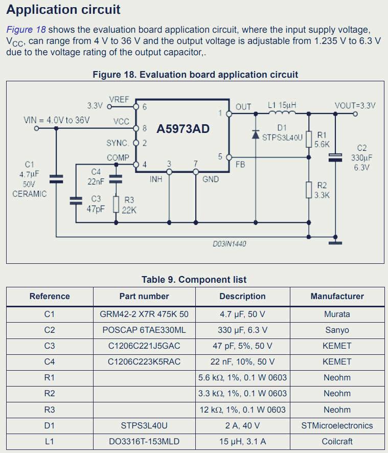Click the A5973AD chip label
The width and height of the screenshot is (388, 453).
(x=182, y=129)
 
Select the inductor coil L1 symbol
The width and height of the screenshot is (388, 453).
(x=282, y=114)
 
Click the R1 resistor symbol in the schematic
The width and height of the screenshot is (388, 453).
(x=309, y=139)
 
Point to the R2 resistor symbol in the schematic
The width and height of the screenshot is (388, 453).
(x=309, y=189)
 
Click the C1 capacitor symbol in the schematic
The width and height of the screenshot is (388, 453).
(x=56, y=179)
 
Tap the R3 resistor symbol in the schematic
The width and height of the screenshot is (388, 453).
(x=116, y=204)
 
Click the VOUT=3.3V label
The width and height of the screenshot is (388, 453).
(x=355, y=106)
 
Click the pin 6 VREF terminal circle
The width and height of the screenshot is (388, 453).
(x=136, y=107)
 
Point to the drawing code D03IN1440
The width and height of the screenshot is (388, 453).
(x=230, y=244)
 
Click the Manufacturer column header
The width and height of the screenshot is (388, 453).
(x=337, y=297)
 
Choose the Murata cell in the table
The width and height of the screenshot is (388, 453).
(x=337, y=314)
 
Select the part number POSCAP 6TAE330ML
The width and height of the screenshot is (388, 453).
(x=144, y=330)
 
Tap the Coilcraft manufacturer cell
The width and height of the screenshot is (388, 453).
(x=337, y=441)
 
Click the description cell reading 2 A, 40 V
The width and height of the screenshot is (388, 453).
(x=242, y=425)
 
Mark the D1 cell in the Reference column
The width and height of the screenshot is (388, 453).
(x=50, y=425)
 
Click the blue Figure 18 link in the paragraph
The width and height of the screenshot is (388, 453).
(x=26, y=30)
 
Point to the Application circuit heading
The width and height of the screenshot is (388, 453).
(x=63, y=9)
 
